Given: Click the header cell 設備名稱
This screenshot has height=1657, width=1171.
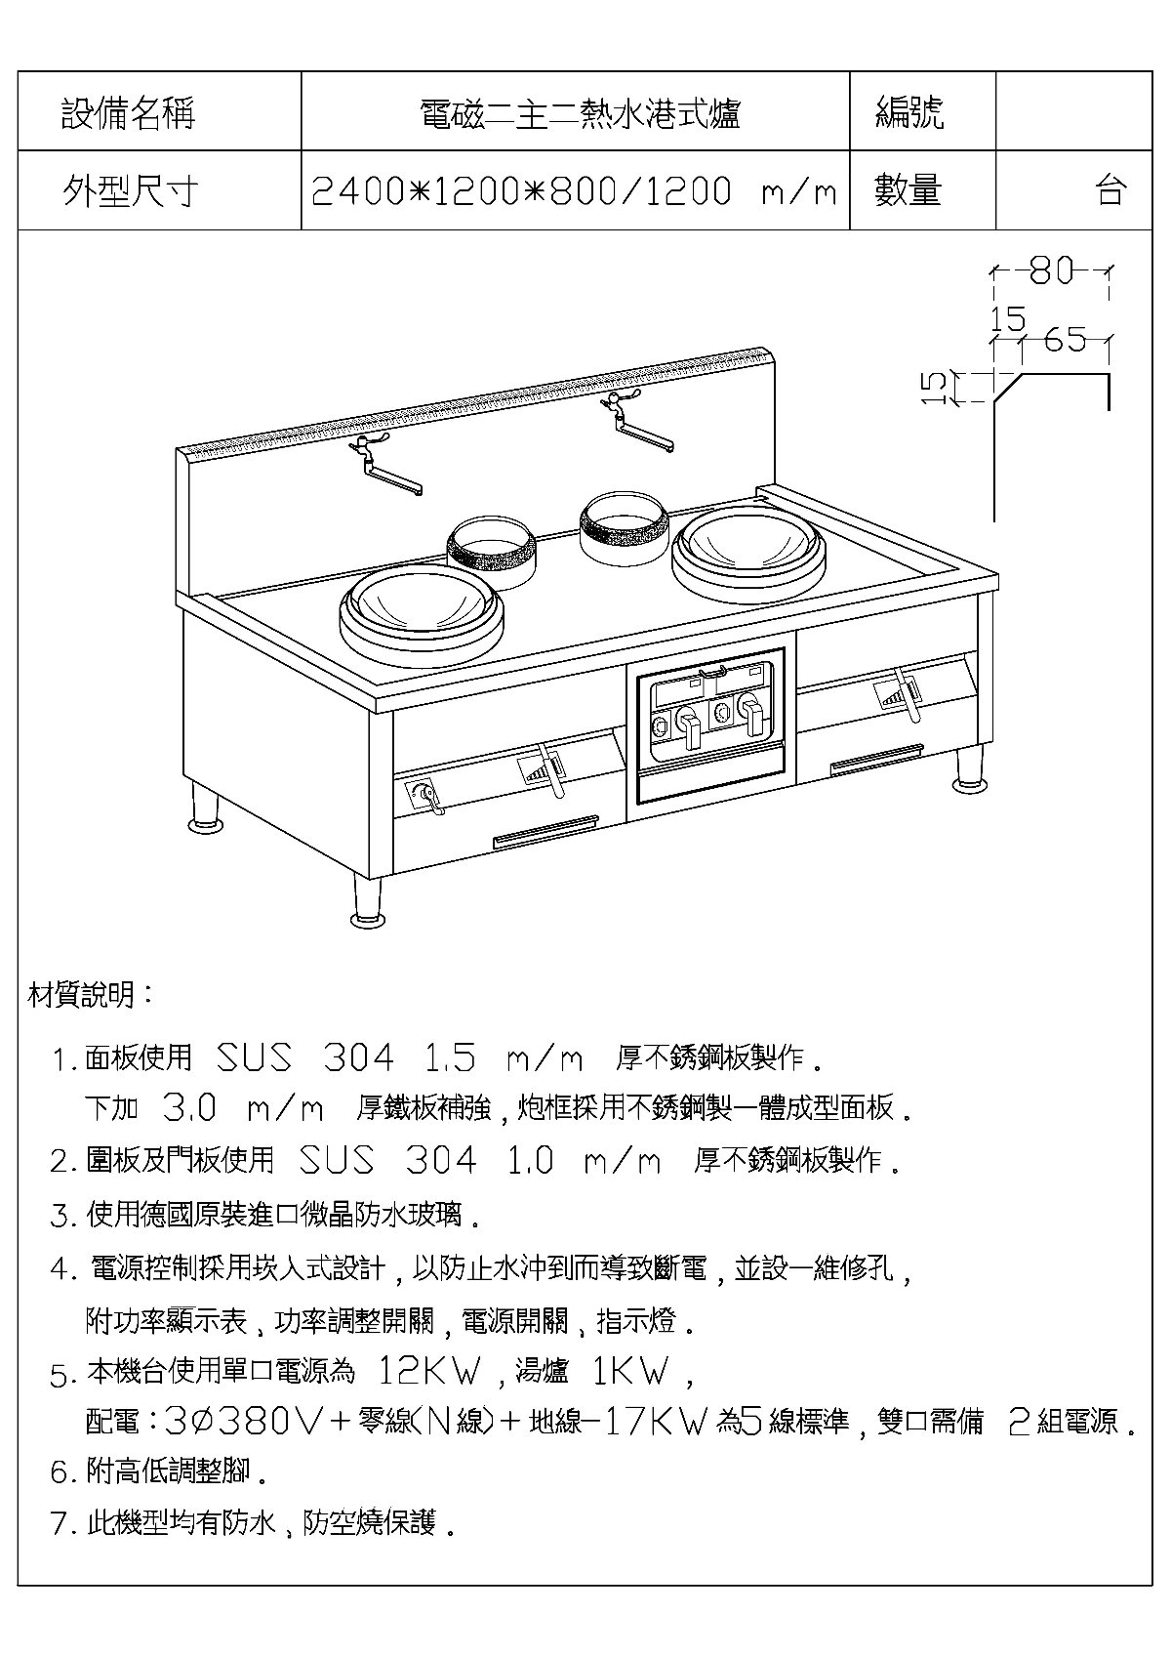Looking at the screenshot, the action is pyautogui.click(x=128, y=113).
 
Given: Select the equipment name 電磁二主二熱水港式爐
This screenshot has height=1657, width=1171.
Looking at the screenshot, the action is pyautogui.click(x=580, y=114).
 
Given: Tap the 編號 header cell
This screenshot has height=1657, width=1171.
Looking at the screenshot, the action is pyautogui.click(x=910, y=113).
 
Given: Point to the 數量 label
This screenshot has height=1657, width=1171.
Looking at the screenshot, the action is pyautogui.click(x=909, y=190).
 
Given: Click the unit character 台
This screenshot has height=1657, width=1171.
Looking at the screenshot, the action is pyautogui.click(x=1111, y=190).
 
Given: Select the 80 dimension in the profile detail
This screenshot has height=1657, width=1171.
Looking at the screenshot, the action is pyautogui.click(x=1051, y=271).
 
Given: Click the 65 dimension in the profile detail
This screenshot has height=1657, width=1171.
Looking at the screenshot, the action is pyautogui.click(x=1066, y=340).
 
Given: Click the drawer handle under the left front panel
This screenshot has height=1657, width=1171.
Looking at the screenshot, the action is pyautogui.click(x=545, y=832).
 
